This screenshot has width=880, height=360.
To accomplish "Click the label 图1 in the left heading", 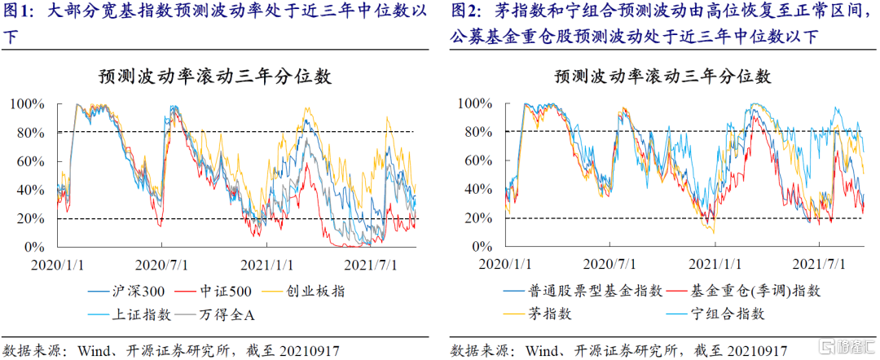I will [x=19, y=12].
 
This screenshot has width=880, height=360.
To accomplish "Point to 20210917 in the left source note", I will [x=306, y=350].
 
